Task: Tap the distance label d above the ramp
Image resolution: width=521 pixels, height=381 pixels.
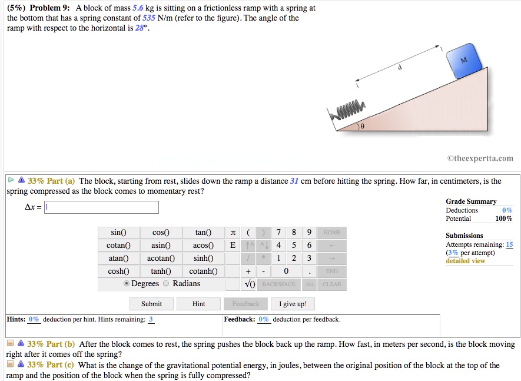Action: point(400,67)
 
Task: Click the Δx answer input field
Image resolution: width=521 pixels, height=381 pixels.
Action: point(102,207)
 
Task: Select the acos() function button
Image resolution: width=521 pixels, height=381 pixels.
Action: point(203,246)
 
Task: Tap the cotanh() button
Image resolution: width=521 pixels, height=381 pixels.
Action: point(203,271)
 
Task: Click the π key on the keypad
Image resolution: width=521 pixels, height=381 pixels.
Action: point(233,233)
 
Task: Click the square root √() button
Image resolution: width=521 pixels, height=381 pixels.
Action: point(249,284)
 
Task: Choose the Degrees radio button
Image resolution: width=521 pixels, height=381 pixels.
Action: point(126,284)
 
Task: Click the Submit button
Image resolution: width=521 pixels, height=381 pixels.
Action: point(151,304)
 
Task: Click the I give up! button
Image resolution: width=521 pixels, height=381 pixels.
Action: point(293,304)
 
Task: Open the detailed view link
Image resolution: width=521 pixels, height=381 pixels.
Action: point(465,261)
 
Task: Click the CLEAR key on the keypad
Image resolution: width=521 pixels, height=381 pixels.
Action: point(331,284)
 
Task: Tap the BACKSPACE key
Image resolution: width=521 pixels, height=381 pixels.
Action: point(279,284)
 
